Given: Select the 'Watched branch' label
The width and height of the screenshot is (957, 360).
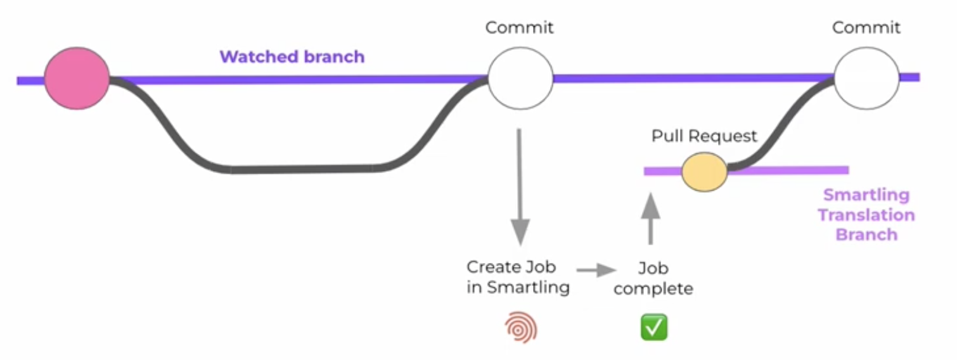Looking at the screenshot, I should point(292,57).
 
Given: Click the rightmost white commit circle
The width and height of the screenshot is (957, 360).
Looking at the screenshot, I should point(866,78).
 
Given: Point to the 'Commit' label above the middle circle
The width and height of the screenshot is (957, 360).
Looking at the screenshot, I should point(519,28).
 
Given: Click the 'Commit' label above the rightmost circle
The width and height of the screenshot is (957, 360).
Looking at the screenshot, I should point(866,28).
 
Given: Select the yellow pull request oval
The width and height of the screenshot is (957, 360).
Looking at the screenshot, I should point(704,171).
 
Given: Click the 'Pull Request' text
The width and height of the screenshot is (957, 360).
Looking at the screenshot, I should point(704,136).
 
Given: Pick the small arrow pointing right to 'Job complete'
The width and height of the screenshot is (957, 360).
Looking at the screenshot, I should point(596,271).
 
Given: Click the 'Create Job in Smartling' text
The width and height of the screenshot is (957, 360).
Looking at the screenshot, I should point(518,277).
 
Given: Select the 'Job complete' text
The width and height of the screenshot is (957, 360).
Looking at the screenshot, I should point(653,278).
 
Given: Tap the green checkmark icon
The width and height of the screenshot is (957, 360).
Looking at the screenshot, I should point(654,327).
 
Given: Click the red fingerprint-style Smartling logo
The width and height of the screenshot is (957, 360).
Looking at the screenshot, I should point(521,328).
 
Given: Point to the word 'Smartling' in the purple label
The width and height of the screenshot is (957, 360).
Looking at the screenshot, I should point(866,195).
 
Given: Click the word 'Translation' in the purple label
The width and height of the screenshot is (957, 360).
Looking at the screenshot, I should point(866,215).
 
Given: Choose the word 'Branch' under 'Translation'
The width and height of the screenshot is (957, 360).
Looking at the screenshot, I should point(866,235).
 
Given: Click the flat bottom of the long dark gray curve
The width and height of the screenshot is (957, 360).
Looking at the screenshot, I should point(301,169).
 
